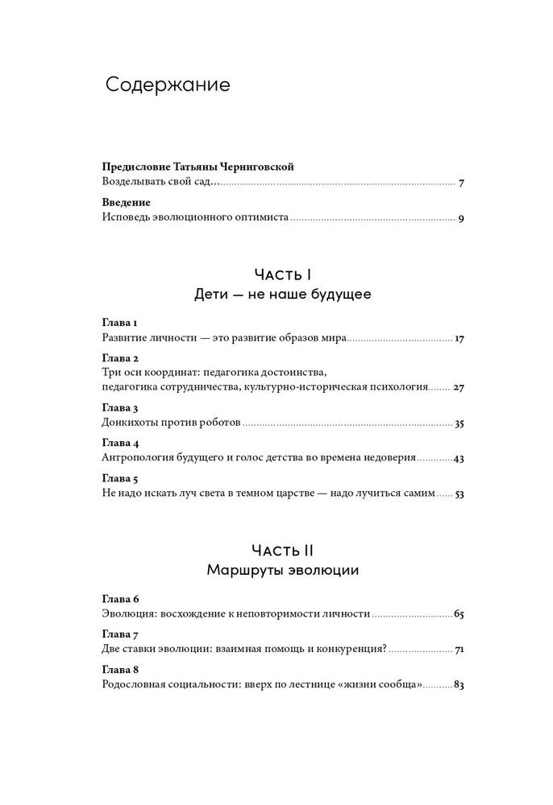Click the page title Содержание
pyautogui.click(x=168, y=85)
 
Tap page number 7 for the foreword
pyautogui.click(x=460, y=183)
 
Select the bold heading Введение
pyautogui.click(x=127, y=202)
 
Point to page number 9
pyautogui.click(x=460, y=218)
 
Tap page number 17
pyautogui.click(x=459, y=339)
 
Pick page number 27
pyautogui.click(x=459, y=387)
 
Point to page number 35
pyautogui.click(x=459, y=423)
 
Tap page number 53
pyautogui.click(x=459, y=493)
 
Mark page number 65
pyautogui.click(x=459, y=614)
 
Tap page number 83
pyautogui.click(x=459, y=684)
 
